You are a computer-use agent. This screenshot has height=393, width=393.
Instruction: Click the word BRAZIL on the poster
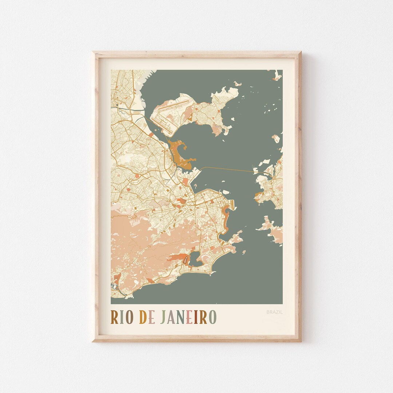[274, 312]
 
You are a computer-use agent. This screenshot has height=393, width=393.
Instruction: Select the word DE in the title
[146, 317]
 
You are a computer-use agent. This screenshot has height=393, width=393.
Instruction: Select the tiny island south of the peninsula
[243, 252]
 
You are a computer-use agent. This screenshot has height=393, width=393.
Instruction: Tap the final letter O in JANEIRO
[213, 317]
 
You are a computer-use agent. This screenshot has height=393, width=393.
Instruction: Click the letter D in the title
[143, 317]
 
